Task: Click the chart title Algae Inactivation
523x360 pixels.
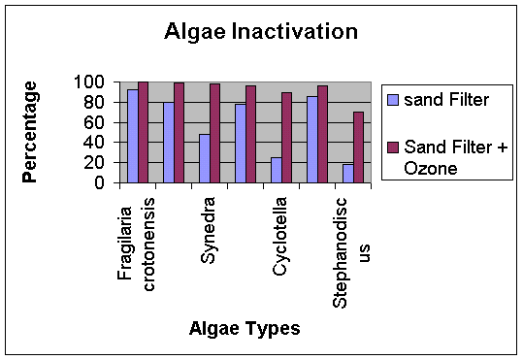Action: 261,32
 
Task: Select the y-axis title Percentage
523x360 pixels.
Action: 30,132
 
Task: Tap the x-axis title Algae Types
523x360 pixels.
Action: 245,328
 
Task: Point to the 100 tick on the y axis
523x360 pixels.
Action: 89,82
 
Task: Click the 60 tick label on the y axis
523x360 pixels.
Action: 94,123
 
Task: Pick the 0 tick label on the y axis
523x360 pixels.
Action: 99,182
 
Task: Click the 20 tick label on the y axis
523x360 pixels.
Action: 94,163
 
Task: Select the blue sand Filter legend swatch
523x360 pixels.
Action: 393,100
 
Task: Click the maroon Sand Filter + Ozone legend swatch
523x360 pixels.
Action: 393,147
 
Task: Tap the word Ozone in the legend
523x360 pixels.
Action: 430,168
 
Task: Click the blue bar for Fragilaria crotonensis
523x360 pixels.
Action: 133,136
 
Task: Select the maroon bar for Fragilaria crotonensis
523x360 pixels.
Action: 143,132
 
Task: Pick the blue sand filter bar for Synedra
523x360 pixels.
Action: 205,158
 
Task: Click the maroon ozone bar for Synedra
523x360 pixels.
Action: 214,134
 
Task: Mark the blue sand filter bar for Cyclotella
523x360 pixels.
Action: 277,170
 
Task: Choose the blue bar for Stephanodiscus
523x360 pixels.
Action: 348,174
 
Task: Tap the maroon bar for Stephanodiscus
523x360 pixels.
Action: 358,147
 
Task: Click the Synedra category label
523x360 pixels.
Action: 208,230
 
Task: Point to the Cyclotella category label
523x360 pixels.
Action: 279,236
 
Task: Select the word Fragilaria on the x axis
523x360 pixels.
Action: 125,244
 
